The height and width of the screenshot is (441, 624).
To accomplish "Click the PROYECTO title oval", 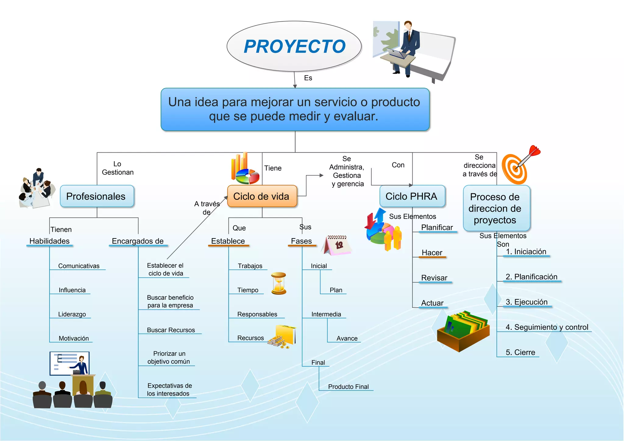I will click(294, 46).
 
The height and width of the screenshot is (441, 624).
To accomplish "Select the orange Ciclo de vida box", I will click(262, 196).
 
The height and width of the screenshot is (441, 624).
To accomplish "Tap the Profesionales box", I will click(97, 196).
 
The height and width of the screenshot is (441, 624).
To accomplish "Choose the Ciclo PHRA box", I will click(412, 196).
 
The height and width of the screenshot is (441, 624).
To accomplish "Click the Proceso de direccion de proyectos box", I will click(496, 208).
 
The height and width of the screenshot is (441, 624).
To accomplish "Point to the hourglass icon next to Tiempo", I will click(278, 283).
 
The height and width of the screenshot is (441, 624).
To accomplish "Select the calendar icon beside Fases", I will click(337, 245).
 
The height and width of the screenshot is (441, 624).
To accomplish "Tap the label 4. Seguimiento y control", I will click(547, 327).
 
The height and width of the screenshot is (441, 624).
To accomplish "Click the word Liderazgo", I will click(72, 314).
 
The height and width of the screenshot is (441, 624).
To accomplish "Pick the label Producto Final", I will click(348, 387).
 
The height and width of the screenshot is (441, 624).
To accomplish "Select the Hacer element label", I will click(432, 253).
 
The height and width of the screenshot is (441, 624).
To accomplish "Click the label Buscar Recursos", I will click(171, 330).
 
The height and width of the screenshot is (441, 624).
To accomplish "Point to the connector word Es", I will click(308, 78).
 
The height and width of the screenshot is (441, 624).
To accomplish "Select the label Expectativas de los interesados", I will click(169, 390).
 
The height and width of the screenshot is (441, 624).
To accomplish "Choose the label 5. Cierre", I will click(520, 352).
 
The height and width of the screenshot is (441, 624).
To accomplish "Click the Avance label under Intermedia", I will click(347, 338).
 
